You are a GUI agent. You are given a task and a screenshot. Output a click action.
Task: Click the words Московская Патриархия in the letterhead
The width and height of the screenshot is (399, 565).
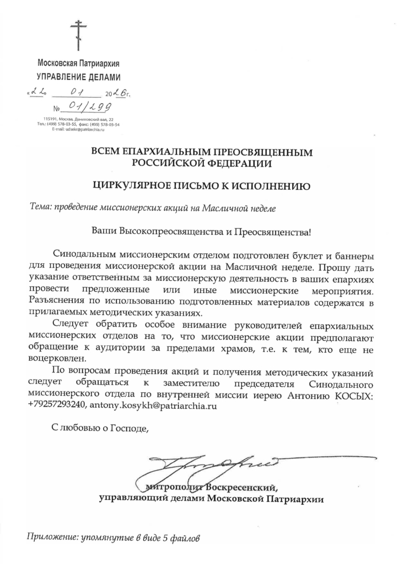[x=78, y=63]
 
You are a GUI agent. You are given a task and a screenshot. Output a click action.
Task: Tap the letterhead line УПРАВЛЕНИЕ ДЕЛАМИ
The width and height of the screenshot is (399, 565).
[x=78, y=76]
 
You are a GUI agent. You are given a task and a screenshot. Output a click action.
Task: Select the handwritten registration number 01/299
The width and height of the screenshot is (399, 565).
[x=90, y=106]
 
